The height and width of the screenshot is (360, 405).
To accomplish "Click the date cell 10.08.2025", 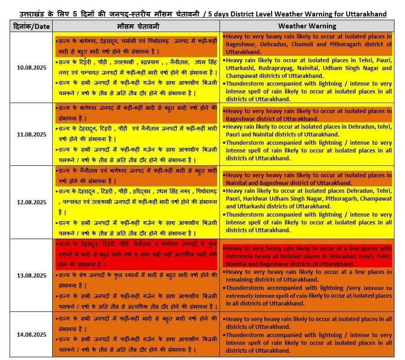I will [31, 68].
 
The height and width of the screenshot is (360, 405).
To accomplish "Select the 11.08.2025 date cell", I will [31, 134].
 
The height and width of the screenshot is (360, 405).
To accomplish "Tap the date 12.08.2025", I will [31, 202].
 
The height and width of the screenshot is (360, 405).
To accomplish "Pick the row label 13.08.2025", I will [31, 275].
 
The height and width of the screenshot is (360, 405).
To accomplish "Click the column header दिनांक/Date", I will [31, 26].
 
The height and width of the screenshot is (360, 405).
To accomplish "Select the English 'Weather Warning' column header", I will [307, 26].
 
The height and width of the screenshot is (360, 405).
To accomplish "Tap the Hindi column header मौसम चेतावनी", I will [136, 26].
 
